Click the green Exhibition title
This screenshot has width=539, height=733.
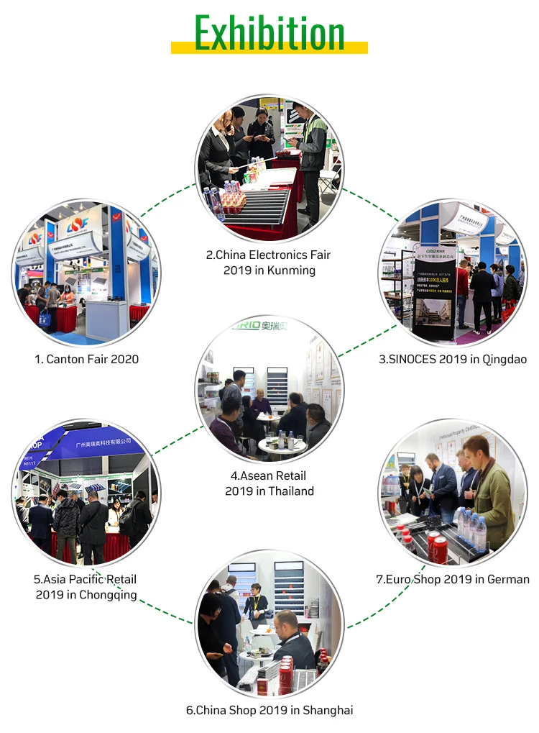pyautogui.click(x=269, y=32)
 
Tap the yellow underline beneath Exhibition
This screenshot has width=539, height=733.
pyautogui.click(x=269, y=48)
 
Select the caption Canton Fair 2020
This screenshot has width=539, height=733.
pyautogui.click(x=87, y=358)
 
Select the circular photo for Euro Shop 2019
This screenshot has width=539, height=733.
pyautogui.click(x=453, y=493)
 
